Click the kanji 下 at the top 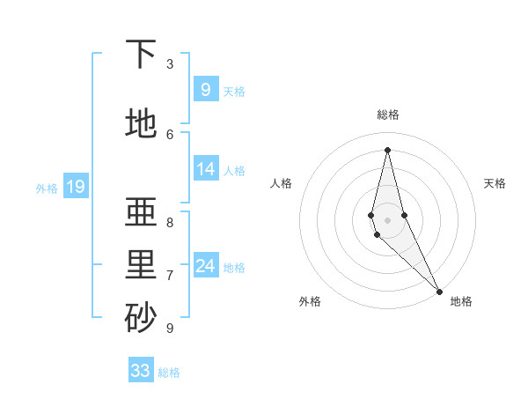pos(141,54)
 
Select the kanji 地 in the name pos(141,123)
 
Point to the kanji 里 pos(141,265)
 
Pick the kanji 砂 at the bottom pos(141,318)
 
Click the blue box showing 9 pos(205,89)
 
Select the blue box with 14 pos(205,168)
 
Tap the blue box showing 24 pos(205,265)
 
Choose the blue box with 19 pos(75,186)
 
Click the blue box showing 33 pos(141,371)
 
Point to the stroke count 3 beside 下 pos(170,63)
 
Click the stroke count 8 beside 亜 pos(170,222)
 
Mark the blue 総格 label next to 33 pos(169,373)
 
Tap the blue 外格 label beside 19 pos(47,188)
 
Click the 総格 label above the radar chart pos(387,115)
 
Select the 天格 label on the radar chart pos(495,183)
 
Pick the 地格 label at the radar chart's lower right pos(461,301)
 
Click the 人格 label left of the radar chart pos(281,183)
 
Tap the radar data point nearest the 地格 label pos(439,290)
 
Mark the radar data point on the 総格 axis pos(387,150)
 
